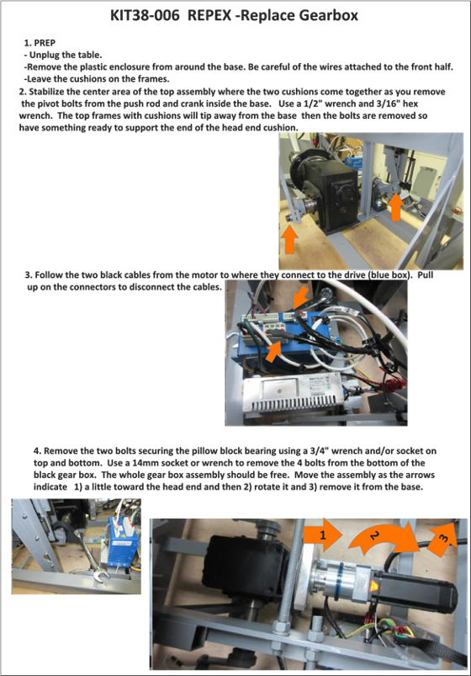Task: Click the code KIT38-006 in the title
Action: pyautogui.click(x=145, y=15)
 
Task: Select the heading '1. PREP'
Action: pyautogui.click(x=40, y=43)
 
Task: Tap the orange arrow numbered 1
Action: pyautogui.click(x=323, y=535)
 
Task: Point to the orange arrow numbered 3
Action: pyautogui.click(x=442, y=537)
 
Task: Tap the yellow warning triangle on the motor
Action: pyautogui.click(x=375, y=587)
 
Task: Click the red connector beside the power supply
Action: pyautogui.click(x=391, y=385)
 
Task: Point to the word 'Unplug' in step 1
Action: pyautogui.click(x=45, y=56)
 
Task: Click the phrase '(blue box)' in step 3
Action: pyautogui.click(x=389, y=275)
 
